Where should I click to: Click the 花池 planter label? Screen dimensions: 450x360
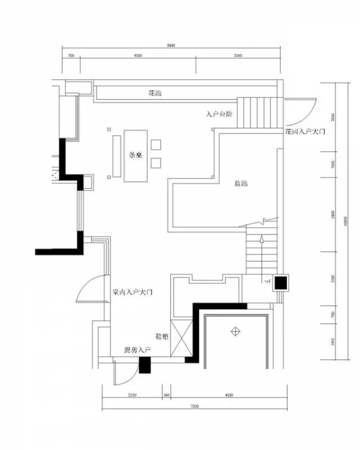(x=155, y=94)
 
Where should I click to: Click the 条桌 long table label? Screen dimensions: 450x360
(x=136, y=154)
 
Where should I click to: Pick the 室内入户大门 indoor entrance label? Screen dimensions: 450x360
(x=134, y=293)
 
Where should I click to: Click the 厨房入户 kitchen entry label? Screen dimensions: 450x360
(x=137, y=350)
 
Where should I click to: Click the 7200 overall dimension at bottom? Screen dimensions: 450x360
(x=194, y=406)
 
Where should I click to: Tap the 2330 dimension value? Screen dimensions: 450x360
(x=133, y=395)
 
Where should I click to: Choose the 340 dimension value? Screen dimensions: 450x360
(x=166, y=395)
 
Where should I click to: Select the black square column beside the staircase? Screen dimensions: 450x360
(x=281, y=283)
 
